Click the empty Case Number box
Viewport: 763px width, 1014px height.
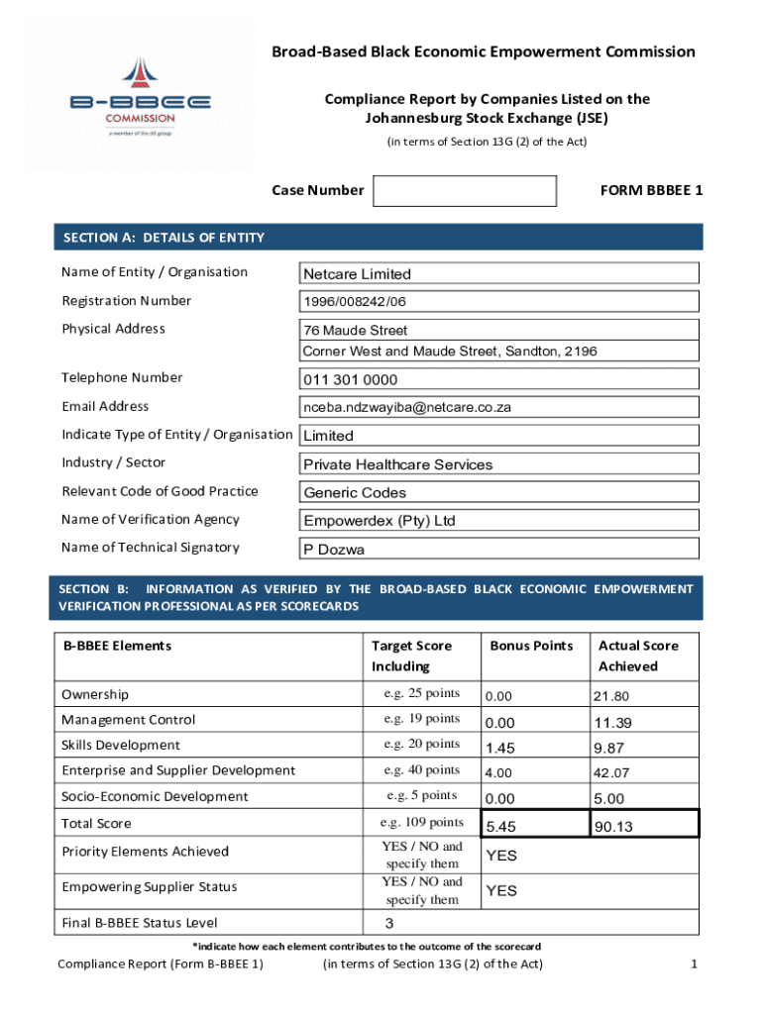coord(464,191)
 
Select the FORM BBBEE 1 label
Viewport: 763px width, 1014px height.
coord(651,190)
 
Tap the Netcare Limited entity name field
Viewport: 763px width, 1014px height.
coord(500,273)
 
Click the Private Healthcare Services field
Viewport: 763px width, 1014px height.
coord(500,464)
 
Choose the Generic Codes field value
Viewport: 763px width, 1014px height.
coord(500,492)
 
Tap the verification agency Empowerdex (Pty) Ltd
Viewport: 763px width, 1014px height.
coord(500,521)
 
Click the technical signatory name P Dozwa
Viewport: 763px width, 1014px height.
coord(500,550)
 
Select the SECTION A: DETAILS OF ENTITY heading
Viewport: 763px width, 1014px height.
coord(164,238)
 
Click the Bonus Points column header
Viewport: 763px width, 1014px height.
coord(531,646)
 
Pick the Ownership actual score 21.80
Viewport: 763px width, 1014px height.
coord(612,696)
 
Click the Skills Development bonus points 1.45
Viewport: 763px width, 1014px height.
coord(501,748)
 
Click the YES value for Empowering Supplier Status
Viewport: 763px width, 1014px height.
coord(501,891)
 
